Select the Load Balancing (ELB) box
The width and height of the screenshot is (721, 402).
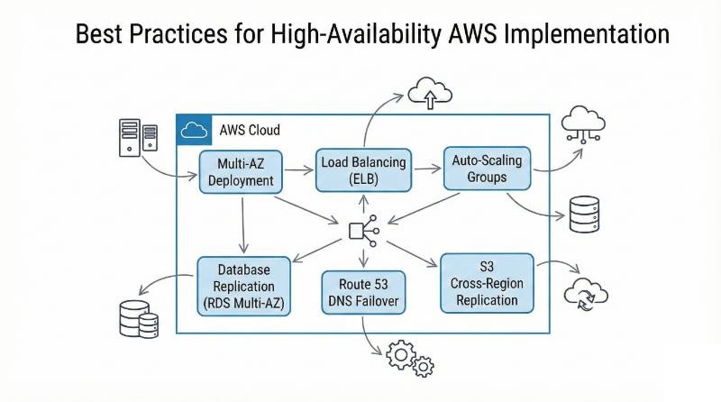coord(363,169)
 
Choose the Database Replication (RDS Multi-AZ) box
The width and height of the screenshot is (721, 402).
coord(243,286)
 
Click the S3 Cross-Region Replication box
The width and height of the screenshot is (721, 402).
coord(487,283)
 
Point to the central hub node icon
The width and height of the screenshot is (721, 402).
coord(362,229)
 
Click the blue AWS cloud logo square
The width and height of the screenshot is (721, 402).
coord(194,130)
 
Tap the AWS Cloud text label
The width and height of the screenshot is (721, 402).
coord(251,130)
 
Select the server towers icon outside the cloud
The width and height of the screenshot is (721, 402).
coord(138,137)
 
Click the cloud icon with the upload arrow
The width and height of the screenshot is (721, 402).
coord(429,92)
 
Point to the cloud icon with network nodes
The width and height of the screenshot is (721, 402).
coord(584,125)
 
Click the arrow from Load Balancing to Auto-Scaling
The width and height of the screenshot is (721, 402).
coord(427,167)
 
